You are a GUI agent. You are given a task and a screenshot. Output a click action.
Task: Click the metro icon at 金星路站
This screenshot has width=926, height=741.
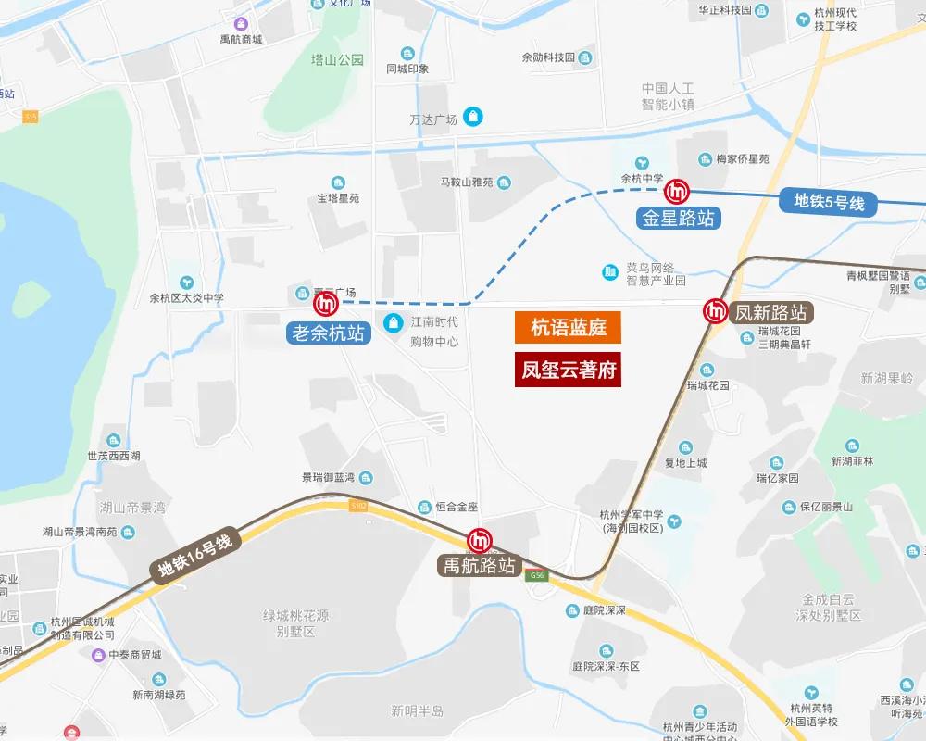(x=678, y=192)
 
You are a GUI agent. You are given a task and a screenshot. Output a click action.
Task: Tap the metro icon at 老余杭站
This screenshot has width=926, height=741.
(x=326, y=303)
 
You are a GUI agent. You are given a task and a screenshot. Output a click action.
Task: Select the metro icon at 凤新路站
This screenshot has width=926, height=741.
(x=716, y=311)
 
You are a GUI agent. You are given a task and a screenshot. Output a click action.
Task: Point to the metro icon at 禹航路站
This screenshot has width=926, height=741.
(x=480, y=539)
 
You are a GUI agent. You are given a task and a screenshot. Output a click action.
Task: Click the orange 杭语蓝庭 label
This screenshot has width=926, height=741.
(x=568, y=328)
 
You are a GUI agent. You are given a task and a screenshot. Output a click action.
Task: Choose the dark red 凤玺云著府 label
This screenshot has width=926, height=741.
(x=568, y=370)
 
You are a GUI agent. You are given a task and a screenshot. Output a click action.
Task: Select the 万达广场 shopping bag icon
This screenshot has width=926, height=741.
(x=474, y=116)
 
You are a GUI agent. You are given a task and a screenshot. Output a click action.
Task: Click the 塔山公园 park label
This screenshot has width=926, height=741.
(x=337, y=60)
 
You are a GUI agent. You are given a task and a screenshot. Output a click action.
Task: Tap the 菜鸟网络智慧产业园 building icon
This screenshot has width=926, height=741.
(x=610, y=271)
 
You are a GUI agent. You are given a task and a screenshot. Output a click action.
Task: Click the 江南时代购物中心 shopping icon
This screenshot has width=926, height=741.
(x=394, y=322)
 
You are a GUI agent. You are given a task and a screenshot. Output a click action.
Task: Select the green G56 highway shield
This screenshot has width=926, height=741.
(x=535, y=576)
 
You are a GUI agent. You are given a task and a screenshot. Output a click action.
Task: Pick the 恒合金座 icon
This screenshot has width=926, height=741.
(x=425, y=507)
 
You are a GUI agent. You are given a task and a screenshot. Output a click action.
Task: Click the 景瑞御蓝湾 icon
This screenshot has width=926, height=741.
(x=367, y=478)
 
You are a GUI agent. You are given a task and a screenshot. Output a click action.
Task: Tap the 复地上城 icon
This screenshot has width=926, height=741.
(x=685, y=447)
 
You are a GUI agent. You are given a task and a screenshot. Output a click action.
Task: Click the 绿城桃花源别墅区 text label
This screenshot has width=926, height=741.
(x=296, y=623)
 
